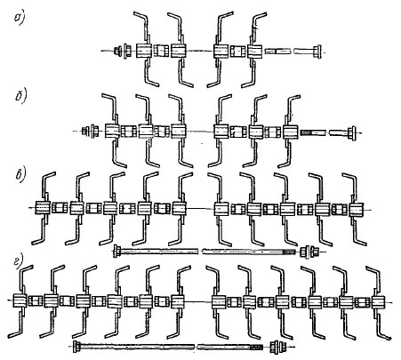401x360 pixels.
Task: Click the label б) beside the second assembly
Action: click(21, 97)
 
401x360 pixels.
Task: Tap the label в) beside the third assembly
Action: click(21, 175)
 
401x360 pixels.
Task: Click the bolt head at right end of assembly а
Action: click(317, 52)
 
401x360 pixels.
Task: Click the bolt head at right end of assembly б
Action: click(352, 132)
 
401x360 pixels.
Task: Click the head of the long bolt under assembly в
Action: click(116, 252)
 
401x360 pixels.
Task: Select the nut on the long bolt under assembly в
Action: click(309, 252)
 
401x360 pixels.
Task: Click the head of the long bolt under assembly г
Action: click(76, 347)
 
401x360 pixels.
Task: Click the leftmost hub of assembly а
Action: click(144, 51)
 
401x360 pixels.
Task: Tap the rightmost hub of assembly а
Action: click(255, 52)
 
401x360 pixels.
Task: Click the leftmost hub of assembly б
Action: click(113, 131)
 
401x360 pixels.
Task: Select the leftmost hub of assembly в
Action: click(43, 207)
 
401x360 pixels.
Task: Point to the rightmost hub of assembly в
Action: click(357, 209)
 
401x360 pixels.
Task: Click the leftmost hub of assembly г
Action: click(20, 300)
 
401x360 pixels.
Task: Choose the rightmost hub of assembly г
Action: click(378, 302)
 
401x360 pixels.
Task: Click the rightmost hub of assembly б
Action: click(291, 132)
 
